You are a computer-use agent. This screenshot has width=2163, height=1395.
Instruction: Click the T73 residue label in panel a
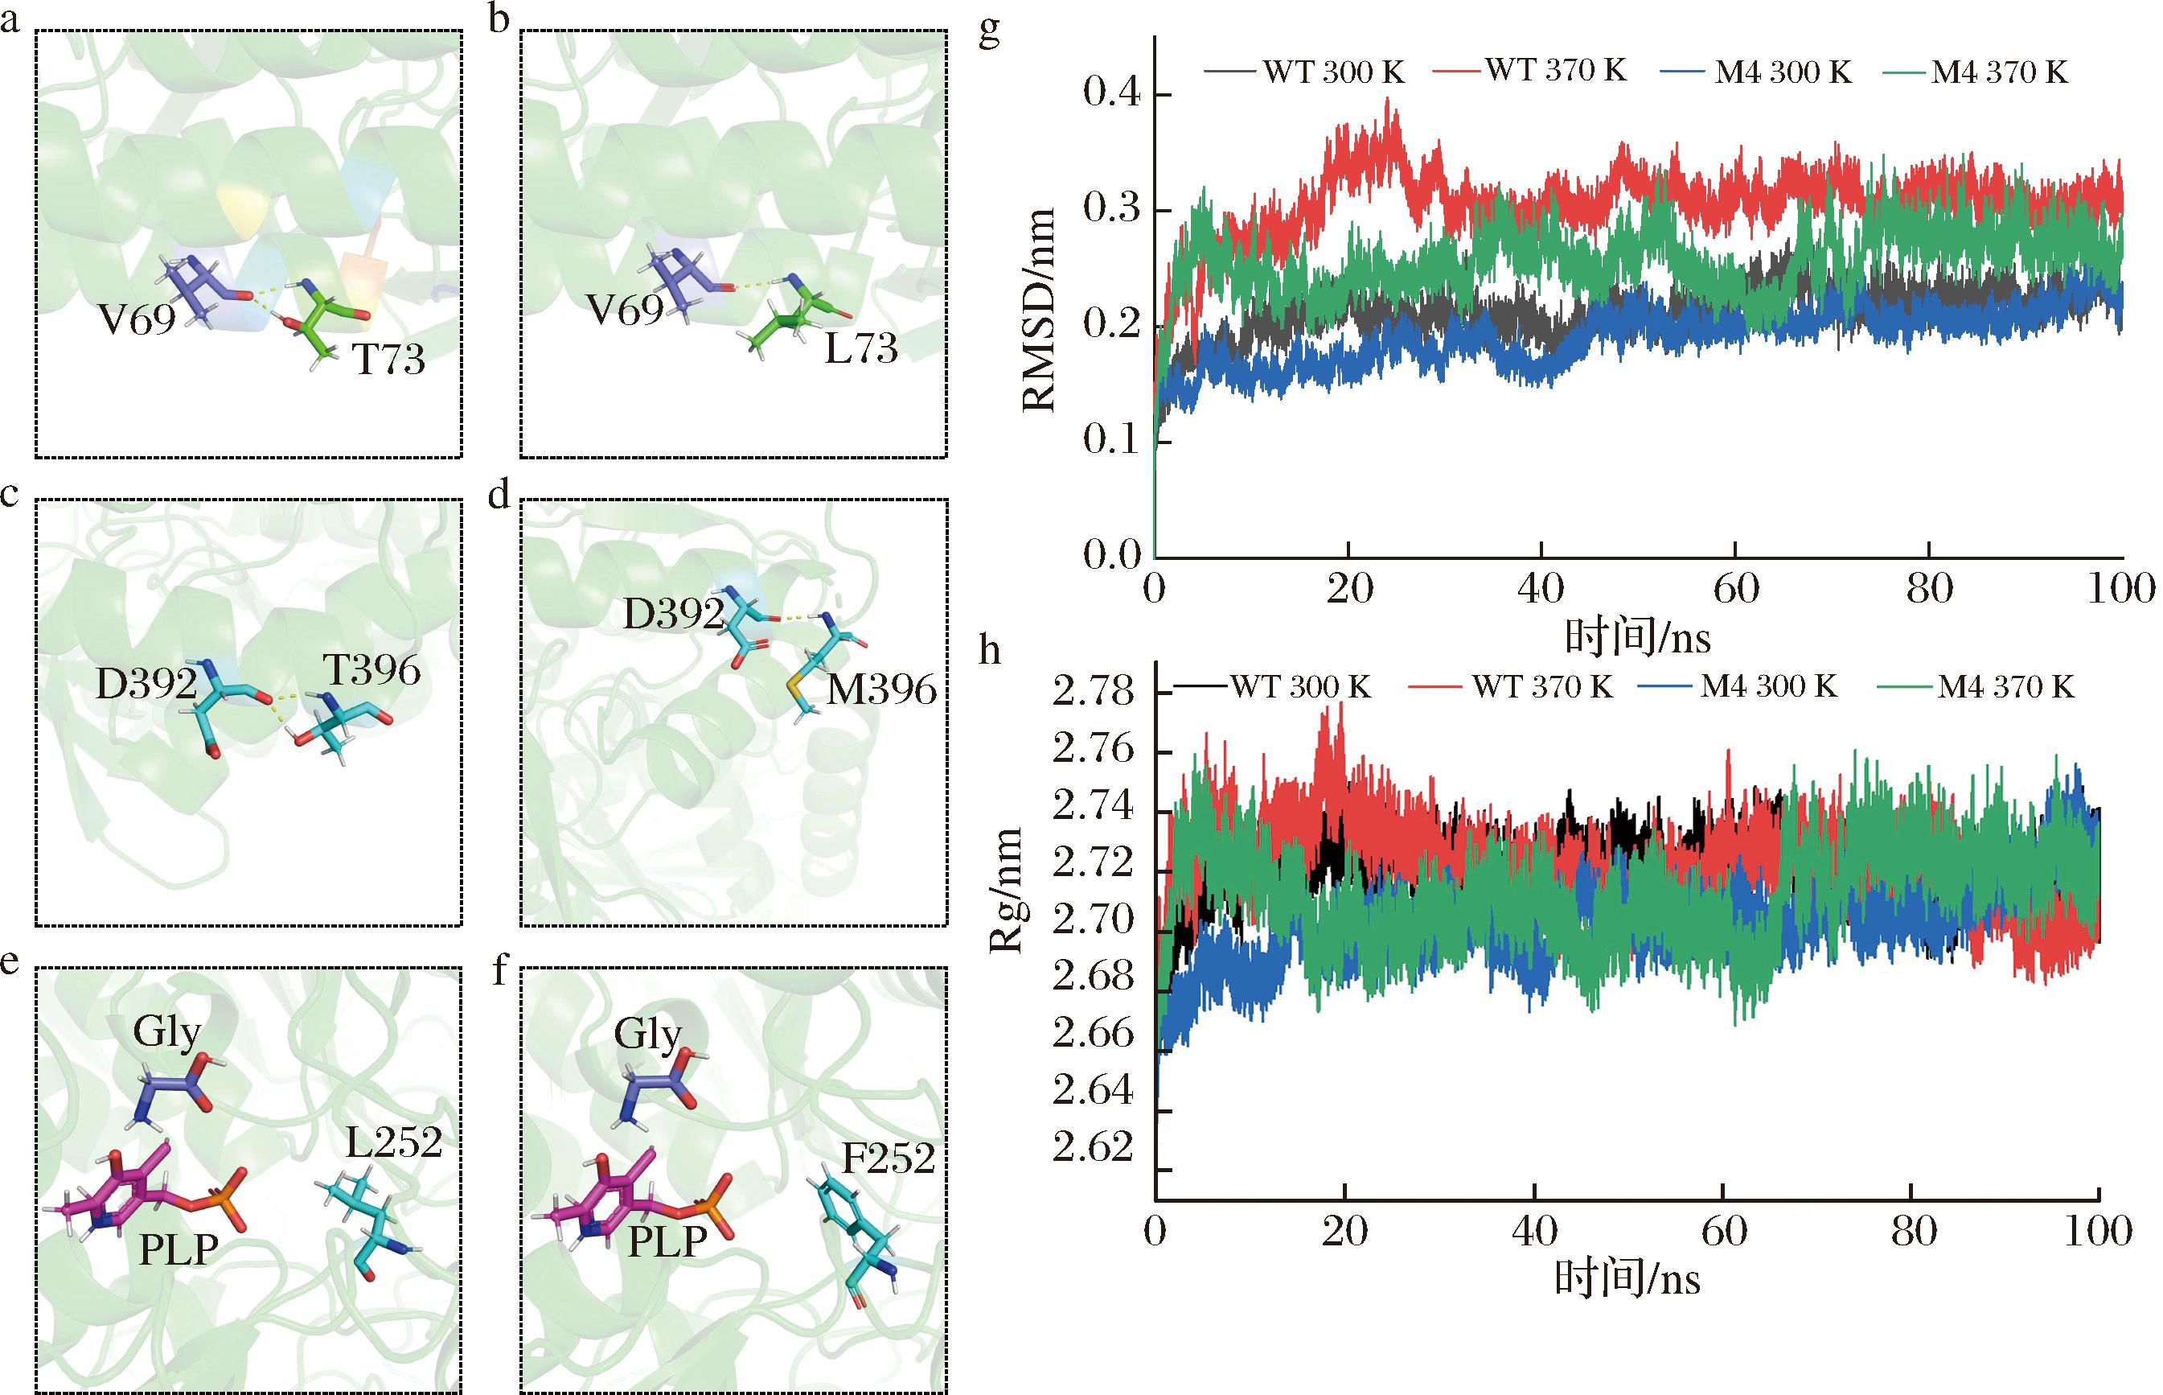(388, 360)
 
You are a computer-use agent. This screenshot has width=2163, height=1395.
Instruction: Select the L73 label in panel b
(860, 348)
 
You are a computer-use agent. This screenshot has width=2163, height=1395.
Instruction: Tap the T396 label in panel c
(371, 670)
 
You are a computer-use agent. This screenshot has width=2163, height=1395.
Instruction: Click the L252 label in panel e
(394, 1143)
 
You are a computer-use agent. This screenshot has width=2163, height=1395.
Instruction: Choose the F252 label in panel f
(889, 1158)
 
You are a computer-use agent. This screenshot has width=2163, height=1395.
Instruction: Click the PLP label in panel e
(179, 1250)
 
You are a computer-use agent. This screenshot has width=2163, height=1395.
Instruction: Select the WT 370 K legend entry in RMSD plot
(1555, 70)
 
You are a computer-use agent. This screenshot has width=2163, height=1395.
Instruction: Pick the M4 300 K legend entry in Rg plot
(1768, 686)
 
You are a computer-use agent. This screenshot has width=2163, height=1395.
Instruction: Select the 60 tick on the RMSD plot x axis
(1736, 589)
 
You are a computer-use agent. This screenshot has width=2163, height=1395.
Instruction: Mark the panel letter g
(990, 34)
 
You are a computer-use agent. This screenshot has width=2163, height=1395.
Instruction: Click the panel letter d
(499, 497)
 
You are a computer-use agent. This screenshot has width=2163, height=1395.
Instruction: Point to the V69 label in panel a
(137, 319)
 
